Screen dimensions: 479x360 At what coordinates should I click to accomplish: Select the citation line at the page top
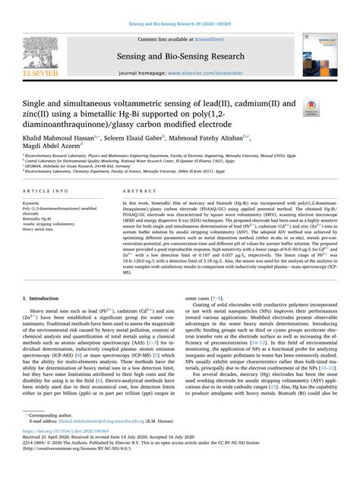(180, 6)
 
